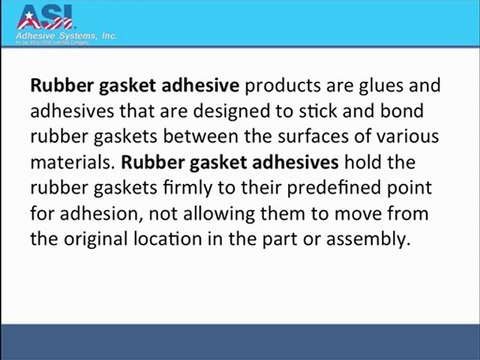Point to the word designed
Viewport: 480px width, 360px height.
[256, 111]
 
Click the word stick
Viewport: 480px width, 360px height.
[340, 111]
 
